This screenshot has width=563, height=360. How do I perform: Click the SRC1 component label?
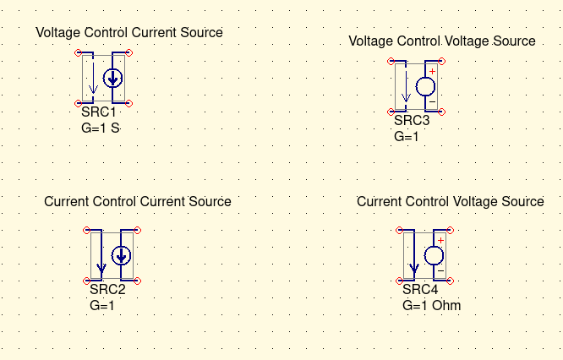tap(98, 112)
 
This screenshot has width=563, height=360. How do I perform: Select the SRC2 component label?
tap(107, 291)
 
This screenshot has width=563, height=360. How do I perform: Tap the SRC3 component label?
tap(412, 121)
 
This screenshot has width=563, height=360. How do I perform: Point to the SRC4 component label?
tap(420, 291)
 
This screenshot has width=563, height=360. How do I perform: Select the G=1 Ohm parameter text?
tap(431, 306)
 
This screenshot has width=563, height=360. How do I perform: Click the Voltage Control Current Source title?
tap(129, 32)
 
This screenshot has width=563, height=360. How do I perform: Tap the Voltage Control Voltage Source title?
tap(442, 41)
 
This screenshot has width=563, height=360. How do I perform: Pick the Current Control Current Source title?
tap(138, 202)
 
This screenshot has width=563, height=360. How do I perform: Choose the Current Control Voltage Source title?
tap(451, 202)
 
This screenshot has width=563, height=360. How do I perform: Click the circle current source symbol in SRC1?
tap(112, 78)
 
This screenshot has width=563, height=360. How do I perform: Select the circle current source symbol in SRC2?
tap(122, 254)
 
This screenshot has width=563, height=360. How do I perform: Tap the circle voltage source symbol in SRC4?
tap(435, 255)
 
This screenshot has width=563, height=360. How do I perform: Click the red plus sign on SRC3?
tap(432, 70)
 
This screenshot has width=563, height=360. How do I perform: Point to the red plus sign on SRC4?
tap(440, 240)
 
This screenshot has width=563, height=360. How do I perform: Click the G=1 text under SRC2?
tap(101, 306)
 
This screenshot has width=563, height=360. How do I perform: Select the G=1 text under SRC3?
tap(406, 136)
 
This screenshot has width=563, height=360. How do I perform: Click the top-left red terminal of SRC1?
tap(79, 52)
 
